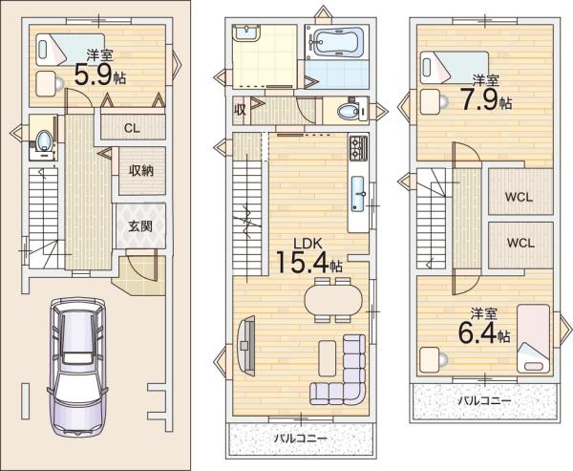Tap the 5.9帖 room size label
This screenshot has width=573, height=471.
click(x=99, y=75)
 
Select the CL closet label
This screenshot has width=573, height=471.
click(x=132, y=128)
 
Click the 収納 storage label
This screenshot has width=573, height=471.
click(x=140, y=171)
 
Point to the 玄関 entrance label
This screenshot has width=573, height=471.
click(x=140, y=226)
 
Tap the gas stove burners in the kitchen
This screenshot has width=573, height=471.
click(x=358, y=148)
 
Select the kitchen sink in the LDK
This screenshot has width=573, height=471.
click(x=358, y=194)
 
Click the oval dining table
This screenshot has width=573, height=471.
click(x=332, y=300)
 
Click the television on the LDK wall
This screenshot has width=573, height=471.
click(x=246, y=345)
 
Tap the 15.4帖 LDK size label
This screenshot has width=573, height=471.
click(x=309, y=262)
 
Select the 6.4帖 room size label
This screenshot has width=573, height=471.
click(x=484, y=332)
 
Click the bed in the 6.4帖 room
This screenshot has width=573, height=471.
click(x=534, y=338)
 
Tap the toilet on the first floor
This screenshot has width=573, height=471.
click(x=44, y=140)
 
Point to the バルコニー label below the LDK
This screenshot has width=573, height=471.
click(x=301, y=439)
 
